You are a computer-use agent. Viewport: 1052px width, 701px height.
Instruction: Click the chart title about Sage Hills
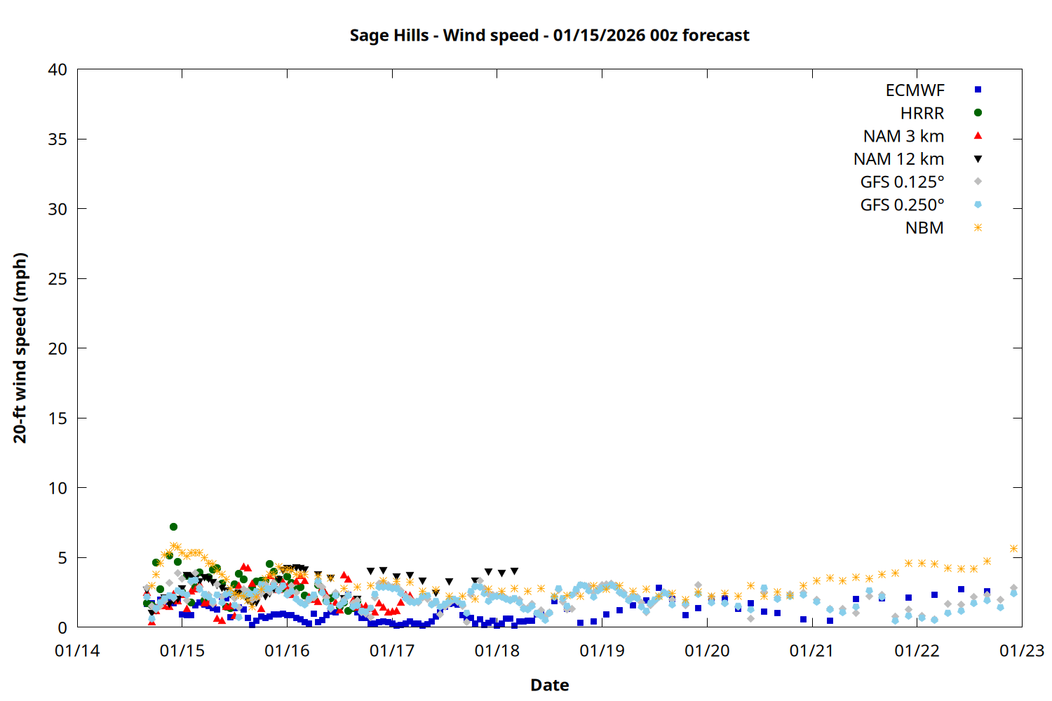click(x=549, y=35)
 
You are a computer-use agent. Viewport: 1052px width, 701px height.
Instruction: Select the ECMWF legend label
click(x=915, y=90)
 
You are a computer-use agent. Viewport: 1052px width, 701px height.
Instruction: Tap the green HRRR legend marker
click(x=978, y=113)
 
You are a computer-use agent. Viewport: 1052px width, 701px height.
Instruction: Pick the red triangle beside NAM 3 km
click(x=978, y=136)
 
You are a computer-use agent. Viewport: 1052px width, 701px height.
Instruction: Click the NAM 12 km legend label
click(x=898, y=159)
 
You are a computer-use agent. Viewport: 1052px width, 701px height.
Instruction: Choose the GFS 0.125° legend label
click(x=902, y=182)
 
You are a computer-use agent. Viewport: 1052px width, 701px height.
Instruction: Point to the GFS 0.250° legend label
click(x=902, y=205)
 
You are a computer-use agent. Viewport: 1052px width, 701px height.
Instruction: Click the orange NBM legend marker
click(x=978, y=228)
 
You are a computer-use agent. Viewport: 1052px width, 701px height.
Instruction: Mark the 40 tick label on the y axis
click(x=58, y=69)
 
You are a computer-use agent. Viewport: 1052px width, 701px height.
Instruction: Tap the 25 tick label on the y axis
click(x=58, y=279)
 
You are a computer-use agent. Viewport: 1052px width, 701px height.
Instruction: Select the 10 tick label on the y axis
click(x=58, y=488)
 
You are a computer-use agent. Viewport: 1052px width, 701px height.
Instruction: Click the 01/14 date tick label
click(x=77, y=651)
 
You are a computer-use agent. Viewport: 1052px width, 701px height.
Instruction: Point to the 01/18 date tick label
click(x=497, y=651)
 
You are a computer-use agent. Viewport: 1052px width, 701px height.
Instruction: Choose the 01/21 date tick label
click(x=812, y=651)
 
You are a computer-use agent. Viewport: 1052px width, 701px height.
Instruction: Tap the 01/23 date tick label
click(x=1022, y=651)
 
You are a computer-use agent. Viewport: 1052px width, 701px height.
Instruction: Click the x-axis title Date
click(x=549, y=685)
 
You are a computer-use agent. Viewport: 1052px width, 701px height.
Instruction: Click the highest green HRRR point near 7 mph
click(x=173, y=526)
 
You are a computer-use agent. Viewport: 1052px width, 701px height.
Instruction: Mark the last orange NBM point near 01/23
click(x=1013, y=549)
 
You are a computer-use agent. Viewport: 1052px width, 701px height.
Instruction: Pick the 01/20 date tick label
click(x=707, y=651)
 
